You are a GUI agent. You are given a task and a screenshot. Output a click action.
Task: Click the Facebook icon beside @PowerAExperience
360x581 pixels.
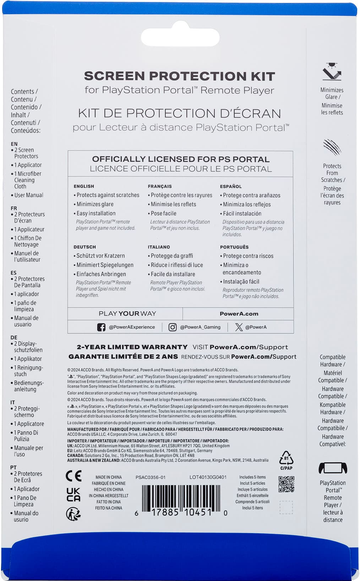coord(101,327)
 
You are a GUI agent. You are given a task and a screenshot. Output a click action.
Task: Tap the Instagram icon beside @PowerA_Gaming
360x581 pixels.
coord(173,327)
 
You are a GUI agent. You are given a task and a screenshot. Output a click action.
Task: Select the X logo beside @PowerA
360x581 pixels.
coord(239,327)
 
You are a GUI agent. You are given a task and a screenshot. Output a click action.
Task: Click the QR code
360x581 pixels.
coord(286,484)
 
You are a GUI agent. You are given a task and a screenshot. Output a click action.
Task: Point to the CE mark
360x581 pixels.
coord(73,476)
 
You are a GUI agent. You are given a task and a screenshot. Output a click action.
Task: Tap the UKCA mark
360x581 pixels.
coord(73,494)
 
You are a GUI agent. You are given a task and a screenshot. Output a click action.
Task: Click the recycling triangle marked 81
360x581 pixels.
coord(286,458)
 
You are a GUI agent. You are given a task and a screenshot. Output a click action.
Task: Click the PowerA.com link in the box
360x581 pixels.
coord(239,314)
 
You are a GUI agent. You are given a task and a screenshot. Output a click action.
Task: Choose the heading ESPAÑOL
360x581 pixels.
coord(231,186)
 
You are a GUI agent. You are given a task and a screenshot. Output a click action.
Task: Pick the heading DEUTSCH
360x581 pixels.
coord(84,247)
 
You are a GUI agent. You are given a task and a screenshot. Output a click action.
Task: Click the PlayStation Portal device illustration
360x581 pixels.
coord(333,468)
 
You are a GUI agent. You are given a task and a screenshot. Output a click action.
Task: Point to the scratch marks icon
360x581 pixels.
coord(332,147)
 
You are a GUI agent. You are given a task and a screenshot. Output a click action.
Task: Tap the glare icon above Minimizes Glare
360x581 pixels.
coord(332,72)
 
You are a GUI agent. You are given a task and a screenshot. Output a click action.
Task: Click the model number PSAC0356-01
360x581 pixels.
coord(151,477)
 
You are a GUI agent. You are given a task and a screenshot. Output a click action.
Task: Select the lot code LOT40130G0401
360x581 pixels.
coord(208,477)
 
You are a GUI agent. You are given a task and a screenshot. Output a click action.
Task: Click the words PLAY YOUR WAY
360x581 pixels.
coord(127,314)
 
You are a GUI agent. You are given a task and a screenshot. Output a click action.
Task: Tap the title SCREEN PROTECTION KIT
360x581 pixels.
coord(179,76)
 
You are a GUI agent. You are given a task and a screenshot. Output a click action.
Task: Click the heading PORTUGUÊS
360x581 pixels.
coord(234,247)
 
